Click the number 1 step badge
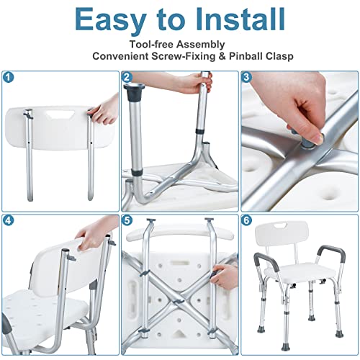tap(8, 76)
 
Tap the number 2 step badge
tap(127, 76)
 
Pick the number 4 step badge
tap(8, 220)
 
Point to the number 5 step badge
tap(127, 220)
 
